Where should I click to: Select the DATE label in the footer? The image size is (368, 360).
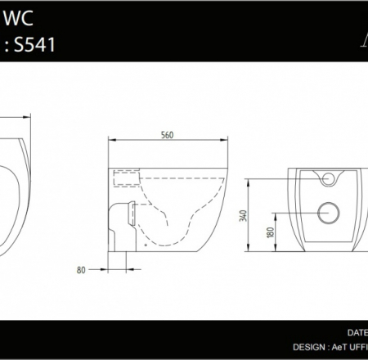tap(357, 333)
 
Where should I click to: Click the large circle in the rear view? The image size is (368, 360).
tap(329, 211)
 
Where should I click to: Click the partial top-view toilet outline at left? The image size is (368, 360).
tap(16, 188)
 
